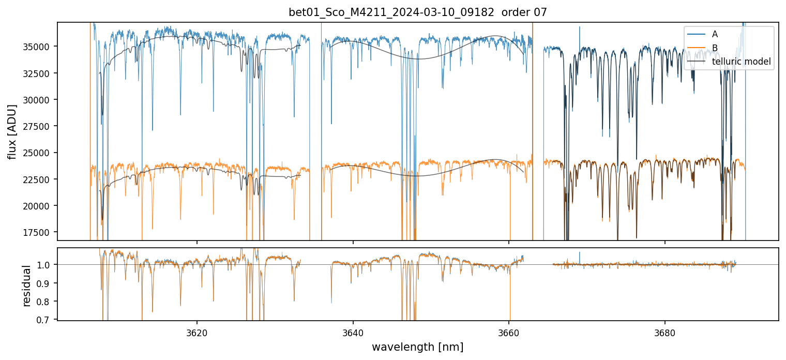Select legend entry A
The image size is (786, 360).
click(x=715, y=34)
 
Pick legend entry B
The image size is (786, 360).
click(x=715, y=48)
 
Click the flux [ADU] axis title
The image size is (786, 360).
click(x=11, y=131)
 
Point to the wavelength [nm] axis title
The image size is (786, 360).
click(x=417, y=347)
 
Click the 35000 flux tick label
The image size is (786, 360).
click(x=39, y=47)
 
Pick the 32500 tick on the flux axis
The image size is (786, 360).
click(x=39, y=73)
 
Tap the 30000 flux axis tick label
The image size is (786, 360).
click(x=39, y=99)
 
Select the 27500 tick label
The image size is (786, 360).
click(x=39, y=126)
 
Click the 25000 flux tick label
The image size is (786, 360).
click(x=39, y=153)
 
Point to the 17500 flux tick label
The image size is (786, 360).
click(x=39, y=232)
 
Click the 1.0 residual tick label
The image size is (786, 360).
click(x=46, y=265)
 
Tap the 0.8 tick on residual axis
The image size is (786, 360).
click(x=46, y=302)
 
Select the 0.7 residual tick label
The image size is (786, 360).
click(x=46, y=320)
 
